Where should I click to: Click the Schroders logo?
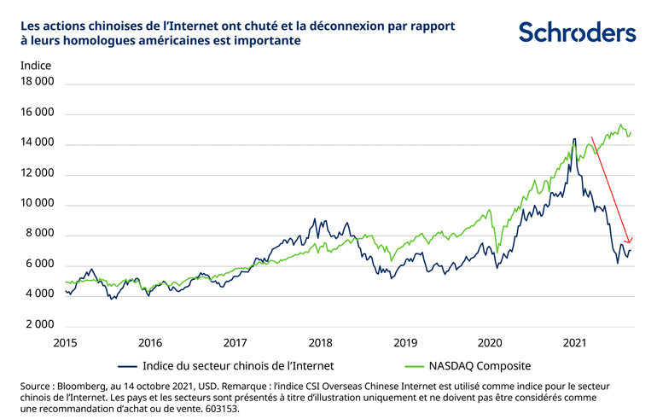578,32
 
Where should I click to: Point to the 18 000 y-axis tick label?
37,82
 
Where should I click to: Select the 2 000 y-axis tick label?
39,325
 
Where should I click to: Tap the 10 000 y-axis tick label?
37,204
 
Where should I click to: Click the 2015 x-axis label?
66,342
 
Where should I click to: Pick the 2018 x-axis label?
320,342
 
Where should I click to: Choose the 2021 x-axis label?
575,342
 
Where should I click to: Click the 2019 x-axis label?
405,342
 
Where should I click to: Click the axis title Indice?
35,65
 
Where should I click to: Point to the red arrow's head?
630,242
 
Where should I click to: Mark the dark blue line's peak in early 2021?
574,139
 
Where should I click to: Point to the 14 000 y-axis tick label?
37,143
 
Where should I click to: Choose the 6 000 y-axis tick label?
39,265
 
